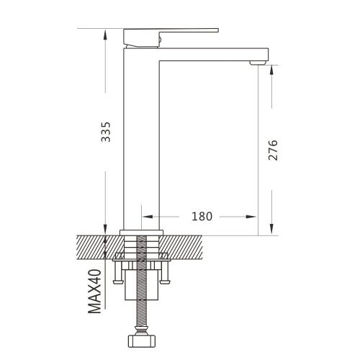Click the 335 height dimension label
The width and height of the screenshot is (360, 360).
[x=106, y=132]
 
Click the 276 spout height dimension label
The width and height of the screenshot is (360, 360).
[x=273, y=150]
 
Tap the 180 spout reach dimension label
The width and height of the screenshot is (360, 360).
[x=202, y=217]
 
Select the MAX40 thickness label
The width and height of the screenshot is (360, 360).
[x=94, y=292]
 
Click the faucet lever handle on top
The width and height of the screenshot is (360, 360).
[x=171, y=37]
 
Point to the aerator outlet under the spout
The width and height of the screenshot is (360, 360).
[x=258, y=63]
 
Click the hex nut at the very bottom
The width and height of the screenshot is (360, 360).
[x=141, y=341]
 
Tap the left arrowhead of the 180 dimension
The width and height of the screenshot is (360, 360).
[x=148, y=217]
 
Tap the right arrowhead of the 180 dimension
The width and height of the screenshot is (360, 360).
[x=251, y=217]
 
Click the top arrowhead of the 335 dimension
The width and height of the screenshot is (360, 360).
[x=105, y=35]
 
